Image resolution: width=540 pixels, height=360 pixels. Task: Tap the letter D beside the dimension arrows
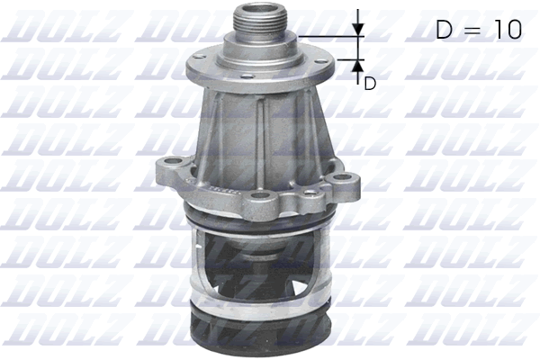coord(369,84)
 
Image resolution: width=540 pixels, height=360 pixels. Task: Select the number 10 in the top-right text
coord(504,30)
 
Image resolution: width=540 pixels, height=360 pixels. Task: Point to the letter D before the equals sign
coord(445,30)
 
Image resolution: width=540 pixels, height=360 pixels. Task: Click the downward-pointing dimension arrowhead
coord(357,28)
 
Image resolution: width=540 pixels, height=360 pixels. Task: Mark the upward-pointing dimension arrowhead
coord(357,66)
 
